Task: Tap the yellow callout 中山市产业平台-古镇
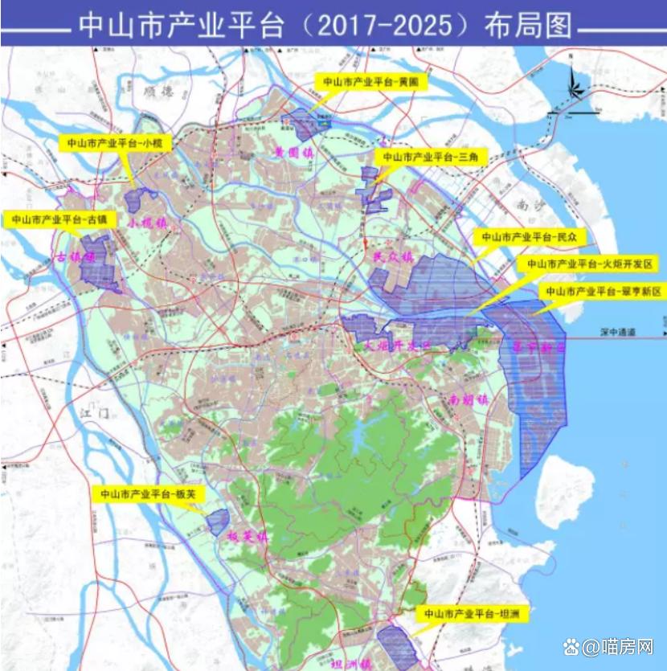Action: point(60,219)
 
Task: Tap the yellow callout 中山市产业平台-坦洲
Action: point(467,614)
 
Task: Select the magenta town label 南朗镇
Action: point(469,399)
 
